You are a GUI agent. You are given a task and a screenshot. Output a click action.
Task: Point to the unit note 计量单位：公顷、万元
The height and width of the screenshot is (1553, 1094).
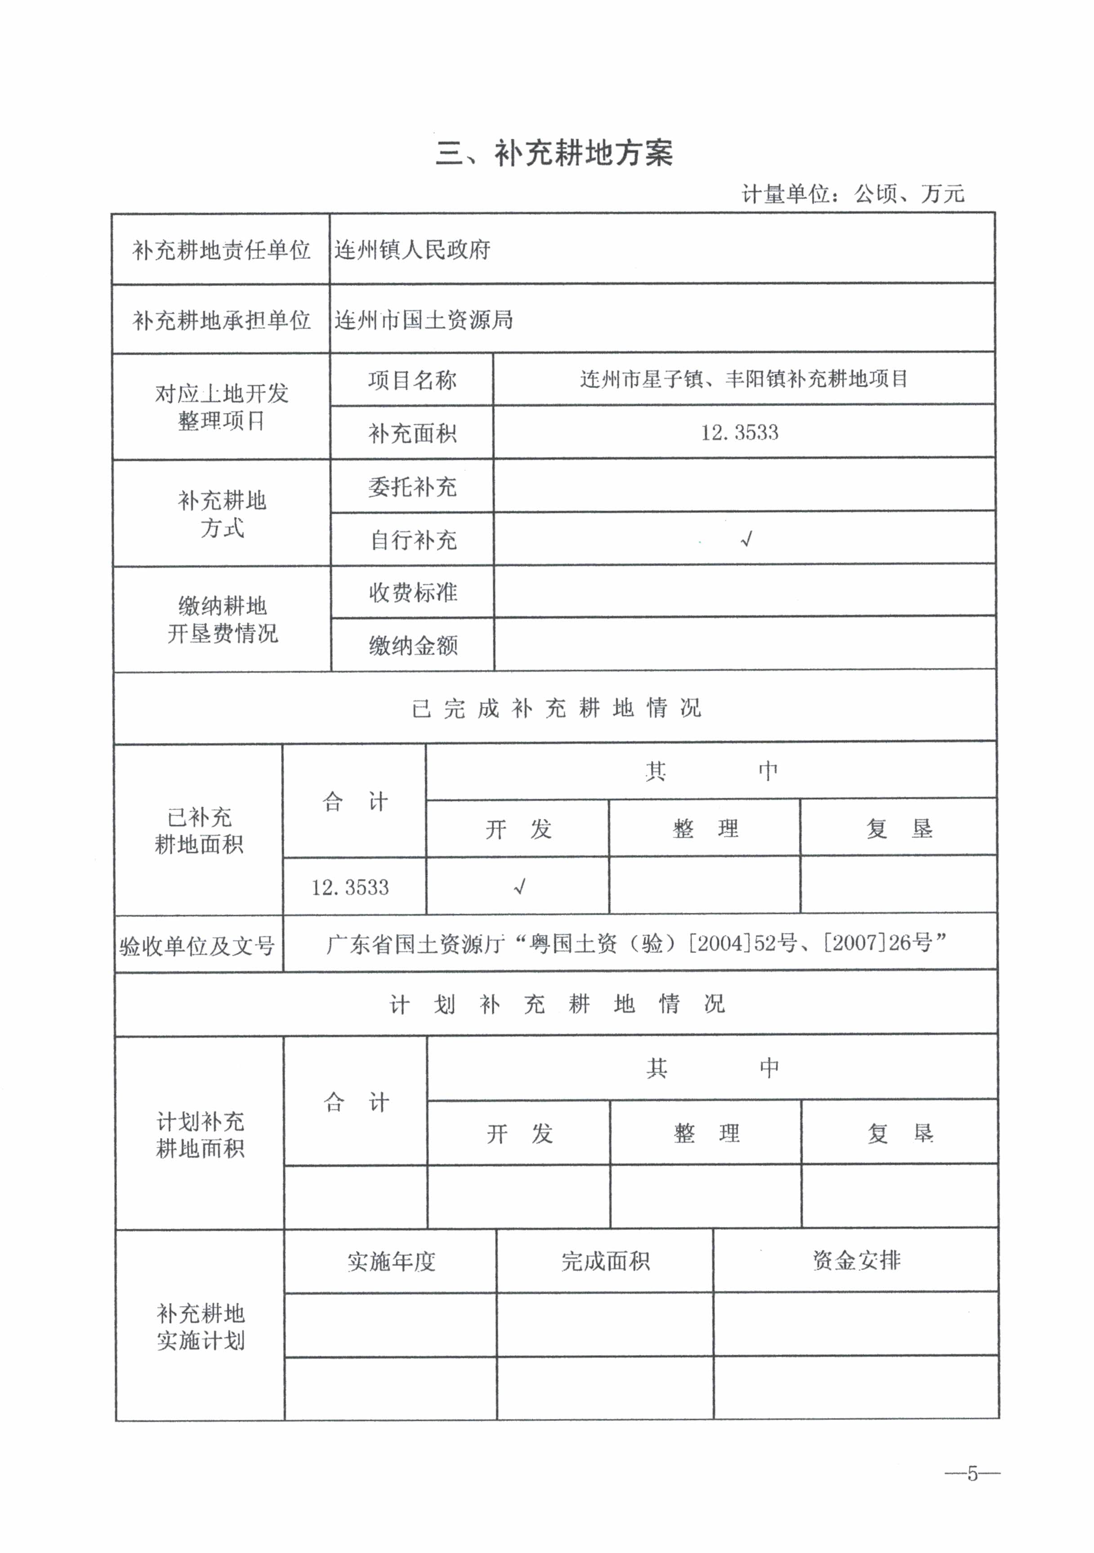853,194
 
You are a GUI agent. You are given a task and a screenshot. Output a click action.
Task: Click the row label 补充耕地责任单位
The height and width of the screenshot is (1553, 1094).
221,250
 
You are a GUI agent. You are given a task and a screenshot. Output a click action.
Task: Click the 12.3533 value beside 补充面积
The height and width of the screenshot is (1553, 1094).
740,433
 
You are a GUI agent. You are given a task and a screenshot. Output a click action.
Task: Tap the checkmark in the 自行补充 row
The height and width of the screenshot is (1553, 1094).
746,539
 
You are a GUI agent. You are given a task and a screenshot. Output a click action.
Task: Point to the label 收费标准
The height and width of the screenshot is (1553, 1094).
413,592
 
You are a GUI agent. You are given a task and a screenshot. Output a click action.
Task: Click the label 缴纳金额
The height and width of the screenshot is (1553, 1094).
413,645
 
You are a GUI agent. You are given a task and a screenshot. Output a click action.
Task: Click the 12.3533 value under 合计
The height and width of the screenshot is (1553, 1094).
350,887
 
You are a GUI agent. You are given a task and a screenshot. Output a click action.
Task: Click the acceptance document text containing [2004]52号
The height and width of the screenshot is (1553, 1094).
636,943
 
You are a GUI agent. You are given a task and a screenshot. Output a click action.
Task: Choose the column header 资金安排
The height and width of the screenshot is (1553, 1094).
856,1260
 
